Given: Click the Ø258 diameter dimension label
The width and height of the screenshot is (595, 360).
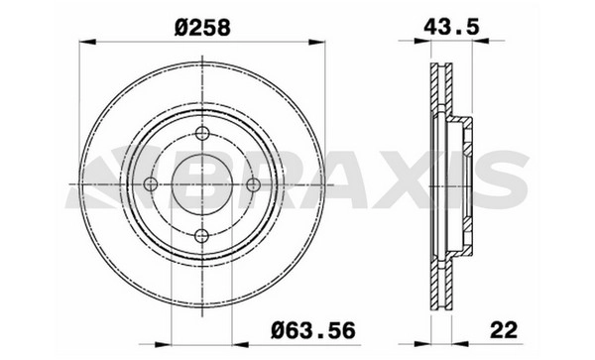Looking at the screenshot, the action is [x=202, y=28].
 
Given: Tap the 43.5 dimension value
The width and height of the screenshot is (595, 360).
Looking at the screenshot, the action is [x=451, y=27].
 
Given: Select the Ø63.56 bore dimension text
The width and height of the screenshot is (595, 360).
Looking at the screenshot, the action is [x=313, y=330].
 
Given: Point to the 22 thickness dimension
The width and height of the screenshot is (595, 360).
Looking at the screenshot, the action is [x=504, y=329].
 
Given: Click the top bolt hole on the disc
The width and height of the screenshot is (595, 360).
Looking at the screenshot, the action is [x=202, y=133].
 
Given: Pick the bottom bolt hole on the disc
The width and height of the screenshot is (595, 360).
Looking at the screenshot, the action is [x=202, y=236].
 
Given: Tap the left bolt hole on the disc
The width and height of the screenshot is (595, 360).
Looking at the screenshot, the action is [x=151, y=184].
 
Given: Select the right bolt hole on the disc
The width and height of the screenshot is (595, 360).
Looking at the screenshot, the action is [x=253, y=184].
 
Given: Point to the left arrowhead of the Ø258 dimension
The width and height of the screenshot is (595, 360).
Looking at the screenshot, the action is [x=87, y=42].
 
